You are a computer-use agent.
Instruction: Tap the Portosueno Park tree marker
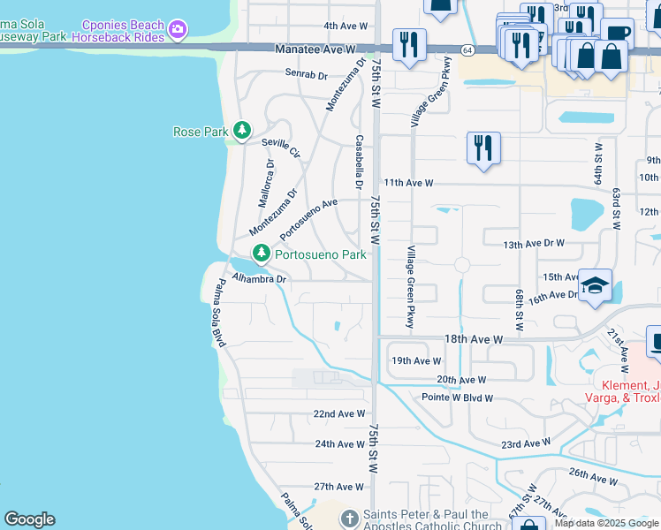click(262, 254)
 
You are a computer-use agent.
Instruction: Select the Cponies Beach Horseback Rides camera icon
click(179, 30)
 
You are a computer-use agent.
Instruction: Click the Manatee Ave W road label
click(314, 49)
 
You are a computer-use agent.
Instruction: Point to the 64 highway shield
click(466, 50)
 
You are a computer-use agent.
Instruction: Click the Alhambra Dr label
click(259, 278)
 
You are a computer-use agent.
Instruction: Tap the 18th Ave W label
click(473, 339)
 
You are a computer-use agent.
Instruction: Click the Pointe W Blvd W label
click(457, 398)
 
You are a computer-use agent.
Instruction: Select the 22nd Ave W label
click(339, 413)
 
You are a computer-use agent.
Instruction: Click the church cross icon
click(350, 518)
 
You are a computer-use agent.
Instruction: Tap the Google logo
click(29, 519)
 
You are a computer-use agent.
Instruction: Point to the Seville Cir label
click(281, 148)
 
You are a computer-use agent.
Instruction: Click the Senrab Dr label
click(306, 75)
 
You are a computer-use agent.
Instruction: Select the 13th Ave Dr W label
click(533, 243)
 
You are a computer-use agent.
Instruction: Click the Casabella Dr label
click(359, 162)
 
